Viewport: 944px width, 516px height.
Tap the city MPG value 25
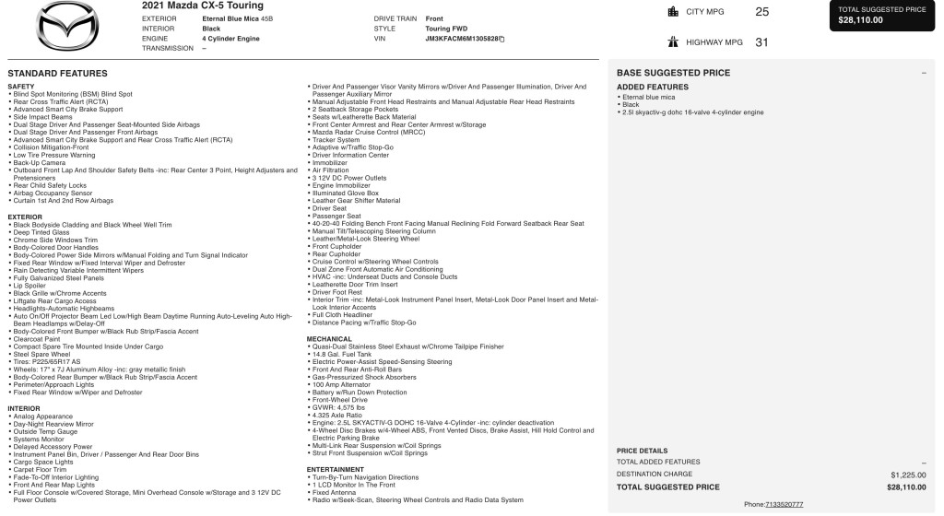click(761, 12)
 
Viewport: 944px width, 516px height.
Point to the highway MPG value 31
click(761, 41)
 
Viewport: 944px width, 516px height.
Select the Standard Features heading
click(57, 73)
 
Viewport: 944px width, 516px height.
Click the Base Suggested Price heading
click(673, 73)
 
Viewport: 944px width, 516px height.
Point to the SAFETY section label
click(21, 86)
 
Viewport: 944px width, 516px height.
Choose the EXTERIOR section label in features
click(25, 217)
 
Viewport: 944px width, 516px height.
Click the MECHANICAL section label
click(329, 339)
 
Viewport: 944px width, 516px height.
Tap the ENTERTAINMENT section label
click(336, 469)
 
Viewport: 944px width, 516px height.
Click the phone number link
click(785, 505)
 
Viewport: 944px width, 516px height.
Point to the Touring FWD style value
click(445, 29)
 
